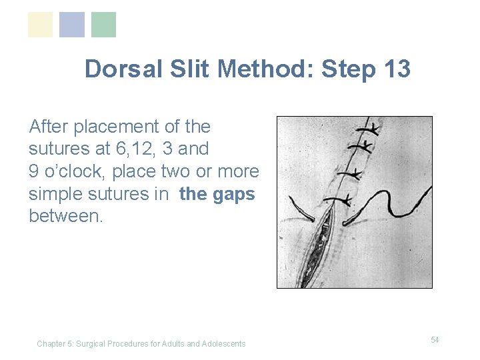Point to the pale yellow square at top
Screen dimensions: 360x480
pos(40,25)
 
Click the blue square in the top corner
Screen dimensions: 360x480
pos(72,25)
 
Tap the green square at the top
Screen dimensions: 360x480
pos(103,25)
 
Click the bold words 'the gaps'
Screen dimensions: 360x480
pos(217,194)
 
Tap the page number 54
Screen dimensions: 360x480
pos(435,340)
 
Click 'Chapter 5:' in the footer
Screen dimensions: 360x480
pos(55,344)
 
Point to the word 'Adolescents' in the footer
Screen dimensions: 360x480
pos(223,344)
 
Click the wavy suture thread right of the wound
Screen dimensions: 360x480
pos(400,200)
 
